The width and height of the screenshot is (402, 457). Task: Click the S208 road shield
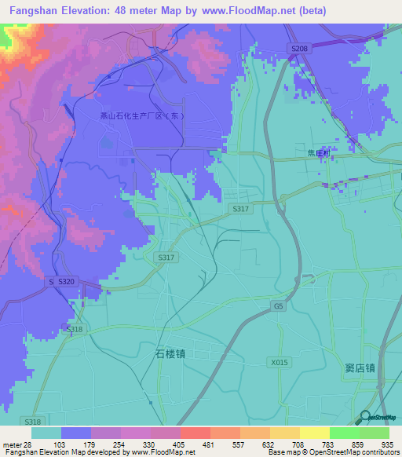point(299,49)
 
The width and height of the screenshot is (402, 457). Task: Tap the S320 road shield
point(66,281)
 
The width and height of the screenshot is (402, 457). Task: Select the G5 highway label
point(278,305)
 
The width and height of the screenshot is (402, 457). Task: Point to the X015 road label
point(279,362)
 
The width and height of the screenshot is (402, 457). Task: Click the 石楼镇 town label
point(166,353)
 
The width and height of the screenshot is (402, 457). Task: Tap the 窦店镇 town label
point(360,367)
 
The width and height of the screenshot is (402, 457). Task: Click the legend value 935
point(386,444)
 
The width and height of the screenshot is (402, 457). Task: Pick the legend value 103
point(59,444)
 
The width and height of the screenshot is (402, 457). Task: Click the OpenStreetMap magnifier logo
point(366,419)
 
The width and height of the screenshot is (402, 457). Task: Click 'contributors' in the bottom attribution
point(381,452)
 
